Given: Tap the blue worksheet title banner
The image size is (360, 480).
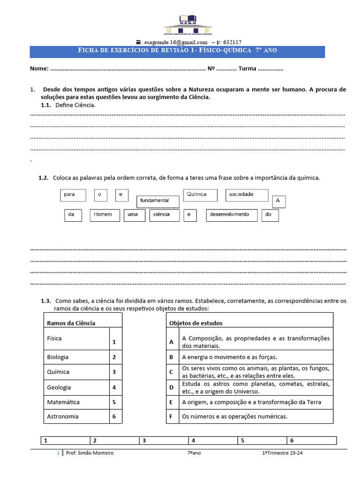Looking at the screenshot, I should (x=177, y=51).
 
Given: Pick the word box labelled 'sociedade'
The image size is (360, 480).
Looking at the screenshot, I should (x=247, y=195).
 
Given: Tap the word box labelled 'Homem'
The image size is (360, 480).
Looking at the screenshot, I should (x=105, y=215).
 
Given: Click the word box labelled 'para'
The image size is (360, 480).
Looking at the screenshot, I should (x=73, y=195).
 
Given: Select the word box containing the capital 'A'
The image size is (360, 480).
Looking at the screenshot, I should (x=278, y=202).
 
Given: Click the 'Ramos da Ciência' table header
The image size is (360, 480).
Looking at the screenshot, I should (x=71, y=323).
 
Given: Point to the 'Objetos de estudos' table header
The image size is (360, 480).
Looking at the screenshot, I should (x=196, y=323).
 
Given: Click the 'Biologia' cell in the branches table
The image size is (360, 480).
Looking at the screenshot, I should (x=58, y=357).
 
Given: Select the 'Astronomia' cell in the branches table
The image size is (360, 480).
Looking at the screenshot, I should (x=63, y=416).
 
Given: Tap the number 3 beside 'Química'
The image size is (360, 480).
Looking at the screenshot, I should (x=114, y=372).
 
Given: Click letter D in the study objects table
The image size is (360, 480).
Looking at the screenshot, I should (x=172, y=388).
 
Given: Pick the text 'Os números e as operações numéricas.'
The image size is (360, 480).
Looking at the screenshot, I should (x=234, y=416).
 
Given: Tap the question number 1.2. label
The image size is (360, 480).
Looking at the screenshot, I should (x=44, y=178).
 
